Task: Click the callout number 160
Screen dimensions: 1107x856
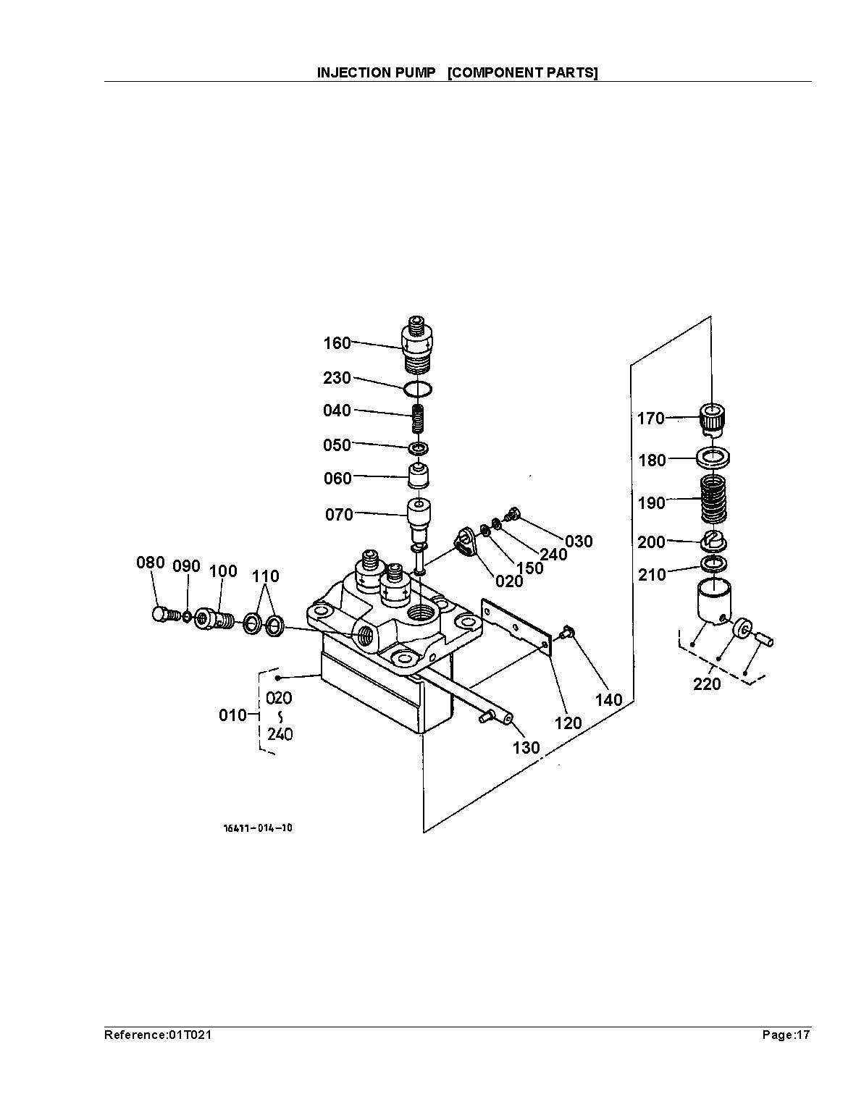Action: point(337,343)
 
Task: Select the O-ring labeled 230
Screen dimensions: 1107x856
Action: point(419,390)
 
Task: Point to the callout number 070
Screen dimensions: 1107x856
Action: point(339,515)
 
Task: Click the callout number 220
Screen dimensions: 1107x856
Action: point(707,683)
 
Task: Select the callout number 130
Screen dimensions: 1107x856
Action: point(526,748)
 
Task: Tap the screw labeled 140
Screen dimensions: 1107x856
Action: point(567,634)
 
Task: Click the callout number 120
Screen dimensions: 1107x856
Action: point(568,723)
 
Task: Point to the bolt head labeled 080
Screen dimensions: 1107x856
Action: point(162,615)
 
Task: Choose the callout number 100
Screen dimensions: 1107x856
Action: point(223,571)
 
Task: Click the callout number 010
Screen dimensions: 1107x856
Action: point(232,715)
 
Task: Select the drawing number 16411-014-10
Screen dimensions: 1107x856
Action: point(257,828)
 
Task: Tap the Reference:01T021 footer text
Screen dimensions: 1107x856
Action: point(158,1035)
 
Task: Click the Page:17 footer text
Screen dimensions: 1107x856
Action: point(786,1035)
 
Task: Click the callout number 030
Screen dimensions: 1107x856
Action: point(579,542)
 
